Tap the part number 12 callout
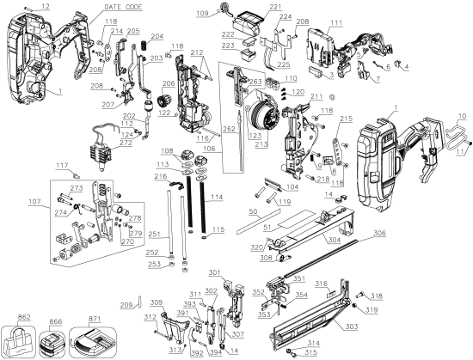[46, 7]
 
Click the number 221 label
[251, 7]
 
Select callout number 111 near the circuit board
[335, 22]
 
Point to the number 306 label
[451, 233]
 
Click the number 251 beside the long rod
[153, 233]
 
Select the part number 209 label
[126, 304]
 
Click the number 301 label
[238, 274]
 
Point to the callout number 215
[346, 118]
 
